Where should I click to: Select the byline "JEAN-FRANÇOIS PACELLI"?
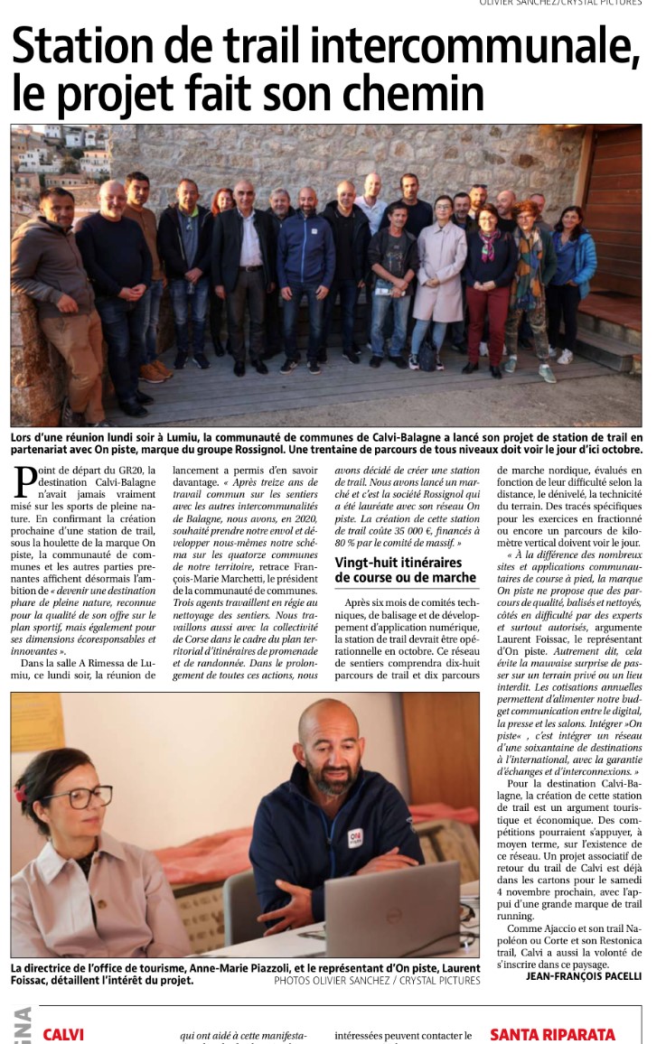point(584,975)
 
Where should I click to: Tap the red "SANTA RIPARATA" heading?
point(552,1034)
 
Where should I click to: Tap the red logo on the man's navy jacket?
point(355,838)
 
